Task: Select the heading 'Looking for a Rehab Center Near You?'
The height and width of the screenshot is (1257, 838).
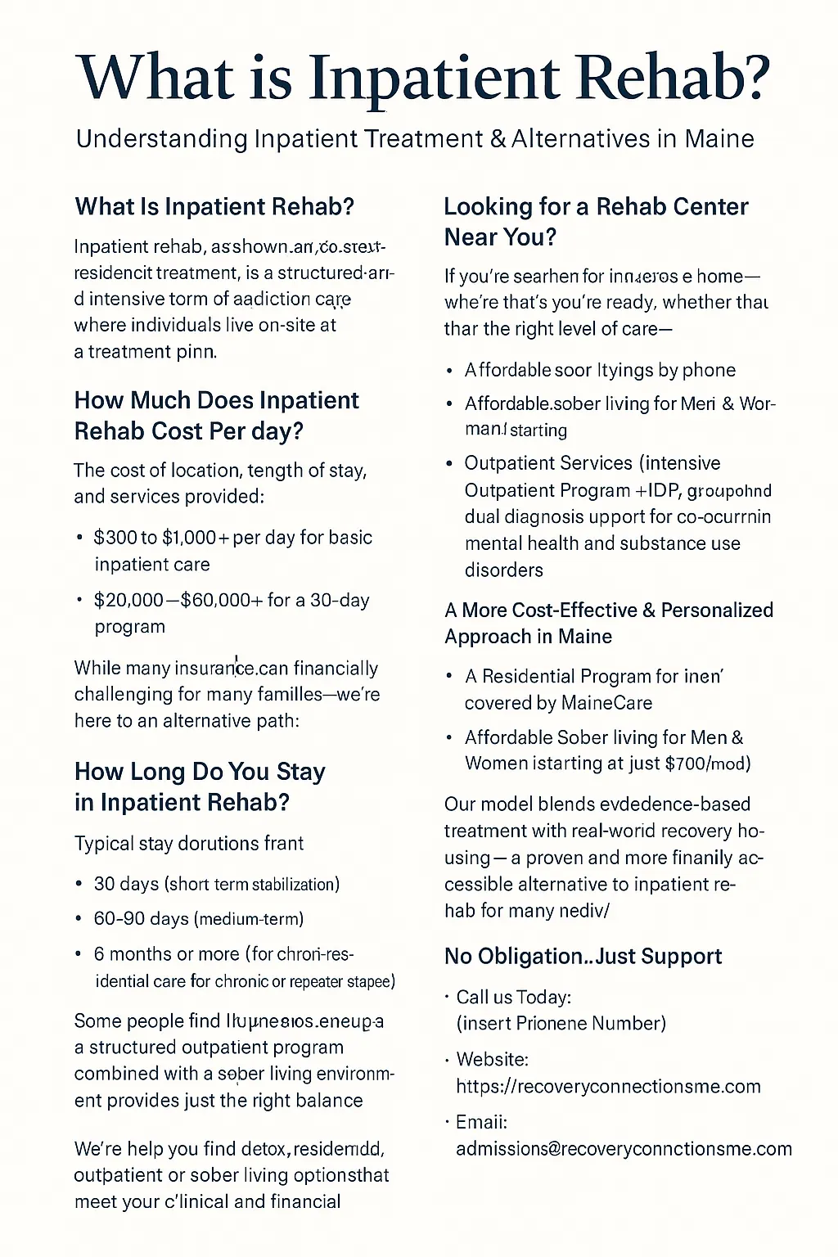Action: point(596,222)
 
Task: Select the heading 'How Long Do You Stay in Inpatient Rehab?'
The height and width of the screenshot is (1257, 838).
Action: point(200,786)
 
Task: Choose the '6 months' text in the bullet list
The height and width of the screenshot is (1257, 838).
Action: point(133,954)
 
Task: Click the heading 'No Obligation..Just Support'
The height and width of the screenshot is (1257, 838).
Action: point(583,956)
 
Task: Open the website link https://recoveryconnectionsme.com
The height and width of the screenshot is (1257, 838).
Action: point(608,1086)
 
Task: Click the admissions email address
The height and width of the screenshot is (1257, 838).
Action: point(624,1148)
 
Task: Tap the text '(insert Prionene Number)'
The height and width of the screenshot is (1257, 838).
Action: point(561,1023)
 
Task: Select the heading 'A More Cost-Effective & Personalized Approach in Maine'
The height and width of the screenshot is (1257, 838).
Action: point(608,623)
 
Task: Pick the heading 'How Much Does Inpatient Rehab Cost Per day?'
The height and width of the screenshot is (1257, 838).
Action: point(216,415)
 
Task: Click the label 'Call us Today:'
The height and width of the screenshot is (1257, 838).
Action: point(513,997)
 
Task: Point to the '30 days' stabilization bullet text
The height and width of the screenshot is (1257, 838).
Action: point(126,884)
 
